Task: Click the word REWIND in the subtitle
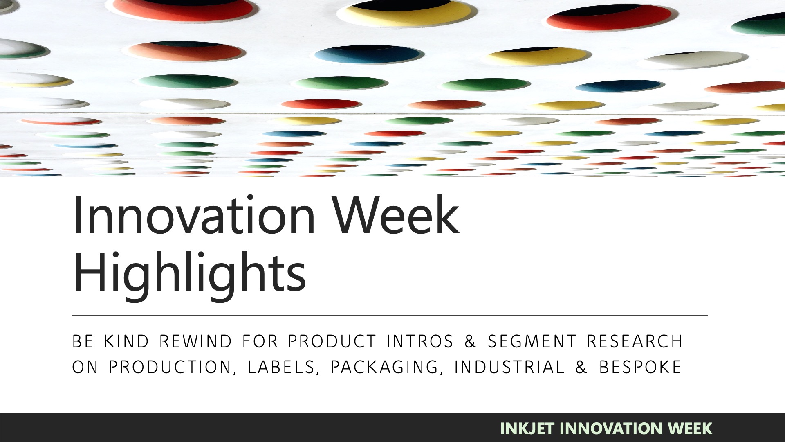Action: [x=196, y=341]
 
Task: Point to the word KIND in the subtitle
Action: [x=127, y=341]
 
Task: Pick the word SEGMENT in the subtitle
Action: [x=532, y=341]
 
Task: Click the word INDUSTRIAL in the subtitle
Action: [x=509, y=367]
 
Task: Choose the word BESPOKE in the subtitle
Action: [x=640, y=367]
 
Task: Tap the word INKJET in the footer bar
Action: [x=527, y=428]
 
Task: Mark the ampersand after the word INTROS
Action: [x=471, y=341]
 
